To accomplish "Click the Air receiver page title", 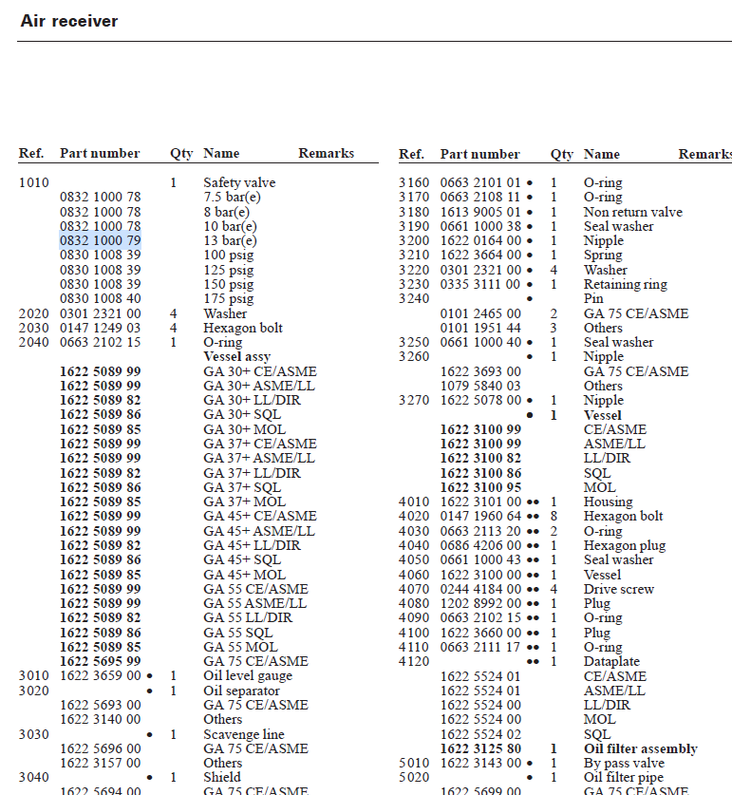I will pos(69,21).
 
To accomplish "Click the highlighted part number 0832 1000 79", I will pos(100,241).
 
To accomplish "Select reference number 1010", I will pos(32,183).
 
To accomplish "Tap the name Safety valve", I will pos(239,183).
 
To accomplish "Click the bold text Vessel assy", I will pos(236,357).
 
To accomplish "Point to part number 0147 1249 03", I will pos(100,329).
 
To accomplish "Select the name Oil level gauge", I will pos(248,676).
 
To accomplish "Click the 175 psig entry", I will pos(229,299).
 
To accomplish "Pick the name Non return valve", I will pos(632,213).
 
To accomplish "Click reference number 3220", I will pos(413,271).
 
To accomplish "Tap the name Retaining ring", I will pos(625,285).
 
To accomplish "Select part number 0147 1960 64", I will pos(480,517).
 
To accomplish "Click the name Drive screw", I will pos(618,590).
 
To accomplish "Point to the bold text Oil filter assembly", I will pos(640,749).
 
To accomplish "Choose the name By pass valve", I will pos(624,764).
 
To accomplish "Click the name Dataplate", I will pos(611,662).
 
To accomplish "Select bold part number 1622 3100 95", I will pos(480,488).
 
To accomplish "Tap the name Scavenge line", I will pos(244,735).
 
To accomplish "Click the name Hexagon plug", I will pos(624,546).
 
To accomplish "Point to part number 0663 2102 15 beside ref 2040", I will pos(100,343).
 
